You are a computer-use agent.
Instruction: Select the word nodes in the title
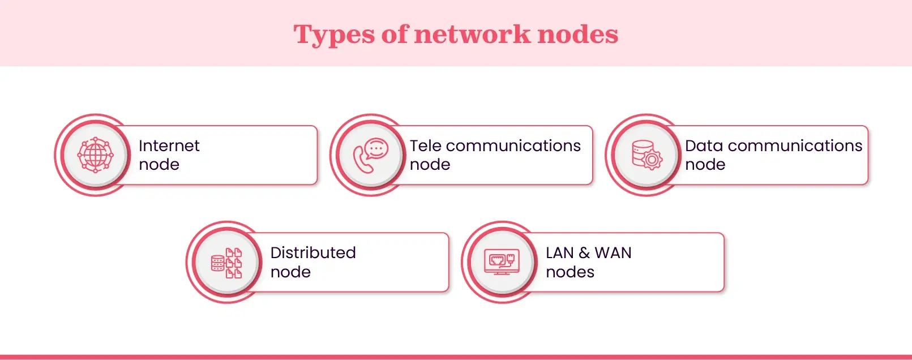[577, 34]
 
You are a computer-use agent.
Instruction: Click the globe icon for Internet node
[95, 155]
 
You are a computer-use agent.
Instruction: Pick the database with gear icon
[646, 155]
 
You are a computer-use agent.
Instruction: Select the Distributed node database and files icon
[226, 263]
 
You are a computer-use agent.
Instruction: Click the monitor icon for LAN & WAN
[502, 262]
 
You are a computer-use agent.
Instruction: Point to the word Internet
[169, 146]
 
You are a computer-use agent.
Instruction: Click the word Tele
[425, 146]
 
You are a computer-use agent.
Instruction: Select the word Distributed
[313, 253]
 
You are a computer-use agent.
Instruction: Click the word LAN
[559, 253]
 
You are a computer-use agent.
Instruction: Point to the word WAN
[613, 253]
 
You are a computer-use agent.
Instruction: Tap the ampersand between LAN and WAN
[584, 253]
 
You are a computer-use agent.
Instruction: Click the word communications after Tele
[513, 146]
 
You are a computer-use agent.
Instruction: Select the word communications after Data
[795, 146]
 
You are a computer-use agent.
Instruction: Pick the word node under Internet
[159, 165]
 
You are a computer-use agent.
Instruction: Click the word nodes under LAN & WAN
[570, 272]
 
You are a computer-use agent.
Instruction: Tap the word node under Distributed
[290, 272]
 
